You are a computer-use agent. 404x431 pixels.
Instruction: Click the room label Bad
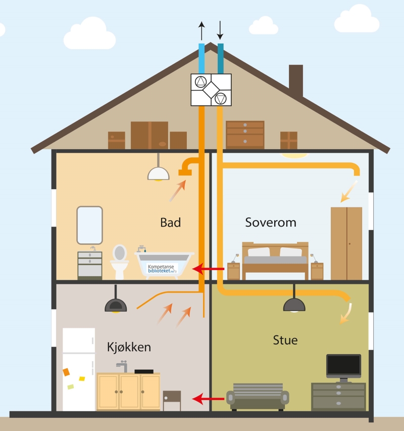tap(170, 223)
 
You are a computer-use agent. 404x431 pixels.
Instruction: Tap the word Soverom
tap(271, 223)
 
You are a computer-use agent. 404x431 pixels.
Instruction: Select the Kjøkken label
tap(129, 348)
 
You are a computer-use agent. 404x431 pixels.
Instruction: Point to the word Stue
tap(285, 339)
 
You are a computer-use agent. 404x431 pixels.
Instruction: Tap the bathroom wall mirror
tap(89, 225)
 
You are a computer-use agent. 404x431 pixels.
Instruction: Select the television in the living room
tap(343, 366)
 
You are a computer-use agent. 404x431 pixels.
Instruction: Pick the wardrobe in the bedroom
tap(346, 243)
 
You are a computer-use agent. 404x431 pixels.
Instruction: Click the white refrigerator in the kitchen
tap(79, 369)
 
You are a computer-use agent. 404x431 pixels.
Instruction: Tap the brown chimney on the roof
tap(296, 80)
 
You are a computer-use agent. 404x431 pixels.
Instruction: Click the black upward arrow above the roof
tap(201, 31)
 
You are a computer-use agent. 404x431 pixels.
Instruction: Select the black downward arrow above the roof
tap(220, 30)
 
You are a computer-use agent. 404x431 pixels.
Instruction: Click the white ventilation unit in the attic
tap(211, 90)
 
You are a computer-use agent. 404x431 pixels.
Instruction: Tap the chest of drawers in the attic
tap(245, 134)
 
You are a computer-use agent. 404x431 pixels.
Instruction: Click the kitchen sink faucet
tap(121, 365)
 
